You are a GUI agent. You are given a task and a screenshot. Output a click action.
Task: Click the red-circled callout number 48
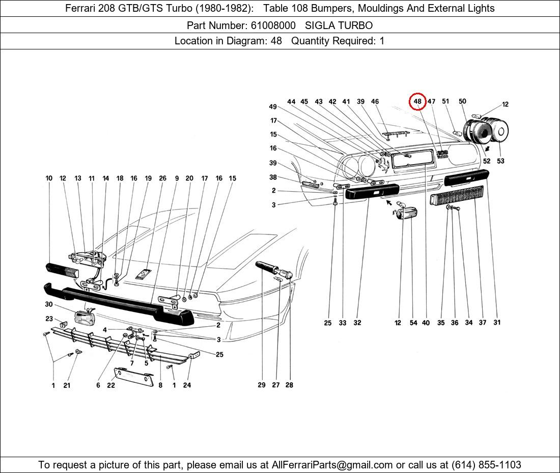click(417, 101)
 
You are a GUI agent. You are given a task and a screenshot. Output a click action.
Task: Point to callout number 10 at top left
click(49, 178)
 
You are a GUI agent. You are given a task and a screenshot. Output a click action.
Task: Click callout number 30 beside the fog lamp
click(49, 304)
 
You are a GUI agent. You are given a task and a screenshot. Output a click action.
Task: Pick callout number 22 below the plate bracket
click(111, 385)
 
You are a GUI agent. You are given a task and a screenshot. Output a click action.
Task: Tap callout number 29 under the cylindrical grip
click(261, 385)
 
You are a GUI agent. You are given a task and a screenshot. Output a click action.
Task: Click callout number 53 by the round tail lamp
click(500, 161)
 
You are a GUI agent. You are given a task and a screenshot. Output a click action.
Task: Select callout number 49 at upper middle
click(273, 107)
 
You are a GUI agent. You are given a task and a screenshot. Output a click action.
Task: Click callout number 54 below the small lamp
click(413, 323)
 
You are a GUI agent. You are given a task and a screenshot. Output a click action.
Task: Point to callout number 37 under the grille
click(483, 323)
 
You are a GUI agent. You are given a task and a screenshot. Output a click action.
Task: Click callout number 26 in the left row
click(162, 178)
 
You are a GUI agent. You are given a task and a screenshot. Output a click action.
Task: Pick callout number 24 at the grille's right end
click(187, 385)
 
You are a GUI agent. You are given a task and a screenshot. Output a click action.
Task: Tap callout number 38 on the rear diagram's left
click(273, 177)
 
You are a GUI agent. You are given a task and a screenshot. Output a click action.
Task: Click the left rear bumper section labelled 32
click(372, 192)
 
